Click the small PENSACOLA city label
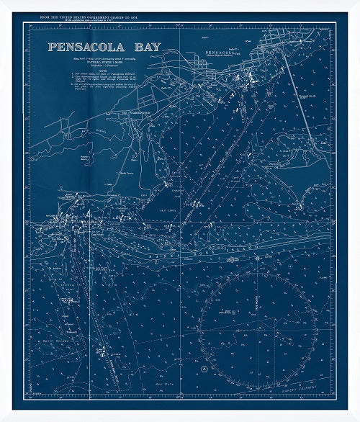[x=220, y=54]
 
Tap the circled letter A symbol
[x=205, y=368]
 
